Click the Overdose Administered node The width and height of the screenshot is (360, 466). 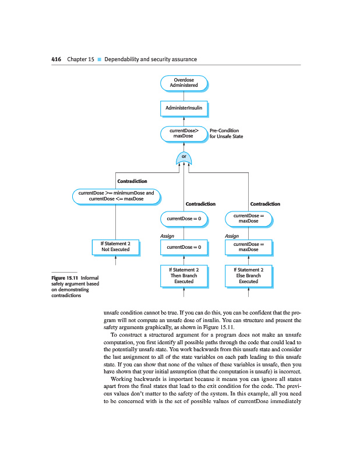click(183, 82)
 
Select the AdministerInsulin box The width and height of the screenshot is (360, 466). click(183, 109)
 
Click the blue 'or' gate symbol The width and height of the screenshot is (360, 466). click(183, 157)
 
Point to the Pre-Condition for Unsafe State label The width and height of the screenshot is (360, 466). click(226, 133)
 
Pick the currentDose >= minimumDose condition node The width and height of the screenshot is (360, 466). click(116, 196)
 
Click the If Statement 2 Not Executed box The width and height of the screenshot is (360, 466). click(116, 246)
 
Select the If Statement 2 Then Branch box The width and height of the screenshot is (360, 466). click(183, 276)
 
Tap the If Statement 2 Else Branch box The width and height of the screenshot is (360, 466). click(249, 276)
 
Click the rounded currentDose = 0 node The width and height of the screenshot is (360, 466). click(183, 218)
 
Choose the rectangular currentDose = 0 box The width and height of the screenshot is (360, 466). click(183, 247)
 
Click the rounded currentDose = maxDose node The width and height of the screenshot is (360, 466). click(249, 218)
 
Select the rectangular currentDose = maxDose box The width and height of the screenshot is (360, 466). click(249, 247)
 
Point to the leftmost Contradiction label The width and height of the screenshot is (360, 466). click(132, 182)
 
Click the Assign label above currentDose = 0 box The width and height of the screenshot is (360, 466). click(167, 236)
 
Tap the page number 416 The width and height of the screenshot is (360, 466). click(57, 59)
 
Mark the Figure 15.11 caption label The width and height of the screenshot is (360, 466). click(64, 278)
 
